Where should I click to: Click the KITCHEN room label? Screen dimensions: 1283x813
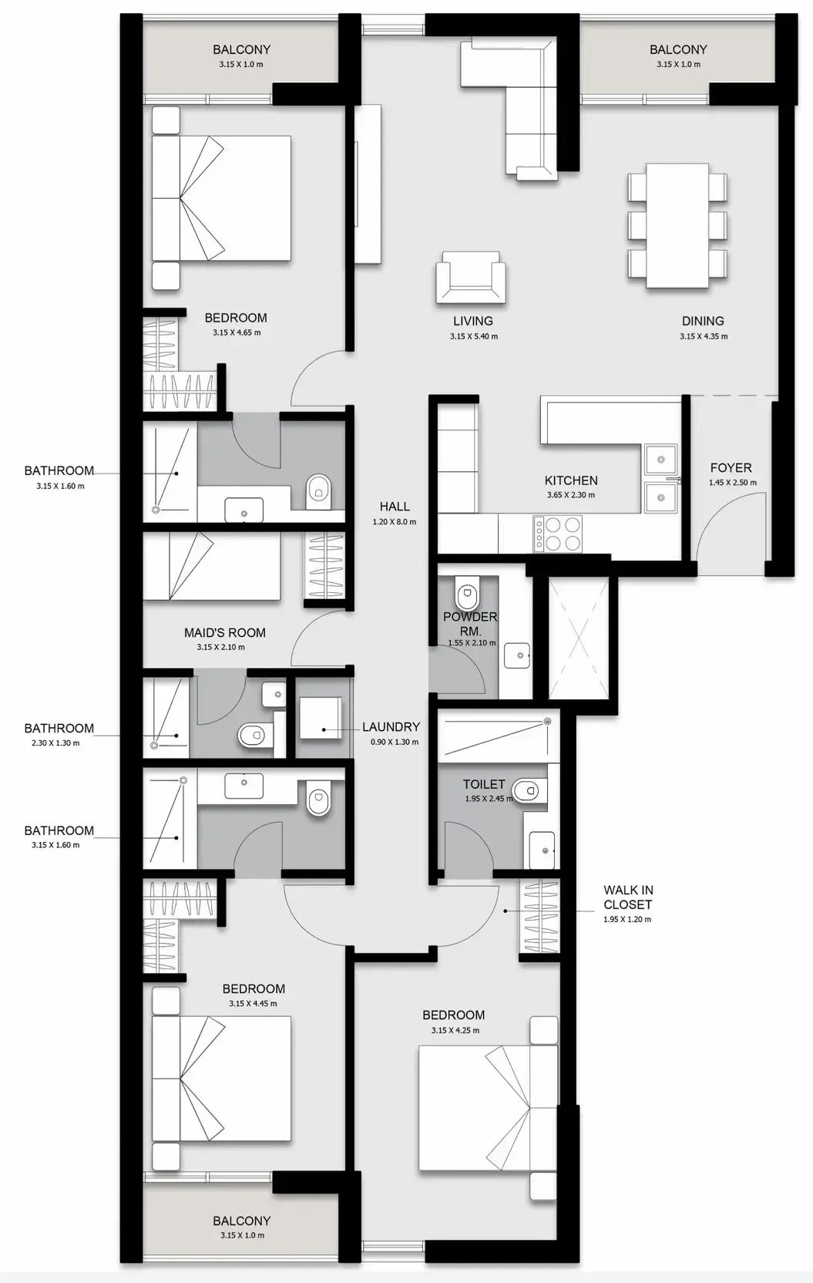coord(571,480)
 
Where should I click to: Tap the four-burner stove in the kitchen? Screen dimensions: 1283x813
coord(558,534)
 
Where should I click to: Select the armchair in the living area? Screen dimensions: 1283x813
coord(471,277)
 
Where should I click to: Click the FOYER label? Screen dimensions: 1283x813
coord(731,468)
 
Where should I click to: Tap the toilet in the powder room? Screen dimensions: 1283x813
coord(467,595)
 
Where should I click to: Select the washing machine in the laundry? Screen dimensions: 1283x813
coord(319,719)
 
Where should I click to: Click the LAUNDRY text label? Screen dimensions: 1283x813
coord(391,726)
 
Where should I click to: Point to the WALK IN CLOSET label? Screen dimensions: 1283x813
coord(628,897)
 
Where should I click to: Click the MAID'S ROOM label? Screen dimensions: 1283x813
coord(224,633)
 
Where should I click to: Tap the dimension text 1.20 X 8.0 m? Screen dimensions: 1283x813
coord(394,522)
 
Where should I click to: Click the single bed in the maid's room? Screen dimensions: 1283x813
coord(212,565)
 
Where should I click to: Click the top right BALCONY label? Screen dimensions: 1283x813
coord(678,49)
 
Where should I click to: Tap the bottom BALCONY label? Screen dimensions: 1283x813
coord(241,1221)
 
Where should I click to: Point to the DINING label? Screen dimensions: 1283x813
coord(703,321)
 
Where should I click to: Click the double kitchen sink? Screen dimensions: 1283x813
coord(660,478)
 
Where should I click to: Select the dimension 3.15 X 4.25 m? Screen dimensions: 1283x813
coord(455,1030)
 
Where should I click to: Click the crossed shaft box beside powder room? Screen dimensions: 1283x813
coord(579,638)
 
